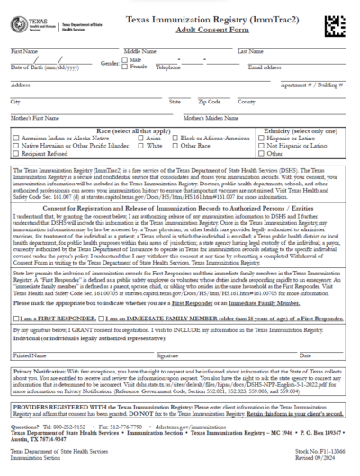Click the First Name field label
23,52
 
